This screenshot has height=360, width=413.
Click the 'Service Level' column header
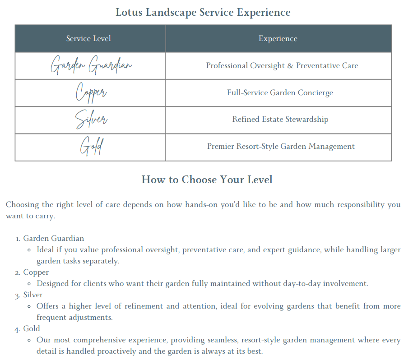[x=88, y=39]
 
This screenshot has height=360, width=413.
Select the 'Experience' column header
[x=278, y=39]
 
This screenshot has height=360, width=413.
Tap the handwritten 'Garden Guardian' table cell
[x=91, y=66]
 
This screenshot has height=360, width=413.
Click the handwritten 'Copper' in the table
[x=91, y=93]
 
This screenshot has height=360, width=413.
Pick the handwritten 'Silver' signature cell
[x=91, y=120]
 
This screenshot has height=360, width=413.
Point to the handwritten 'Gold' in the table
[x=91, y=147]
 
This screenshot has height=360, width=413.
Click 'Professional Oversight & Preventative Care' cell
[x=282, y=66]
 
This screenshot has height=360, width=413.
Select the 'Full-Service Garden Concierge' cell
[x=280, y=93]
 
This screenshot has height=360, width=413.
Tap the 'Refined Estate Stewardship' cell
[x=280, y=120]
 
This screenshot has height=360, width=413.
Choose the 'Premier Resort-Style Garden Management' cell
[x=281, y=147]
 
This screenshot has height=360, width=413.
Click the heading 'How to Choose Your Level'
[x=207, y=180]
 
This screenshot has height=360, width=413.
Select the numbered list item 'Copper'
[x=36, y=272]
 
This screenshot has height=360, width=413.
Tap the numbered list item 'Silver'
[x=33, y=295]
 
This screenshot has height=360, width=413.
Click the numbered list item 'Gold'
[x=32, y=328]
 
